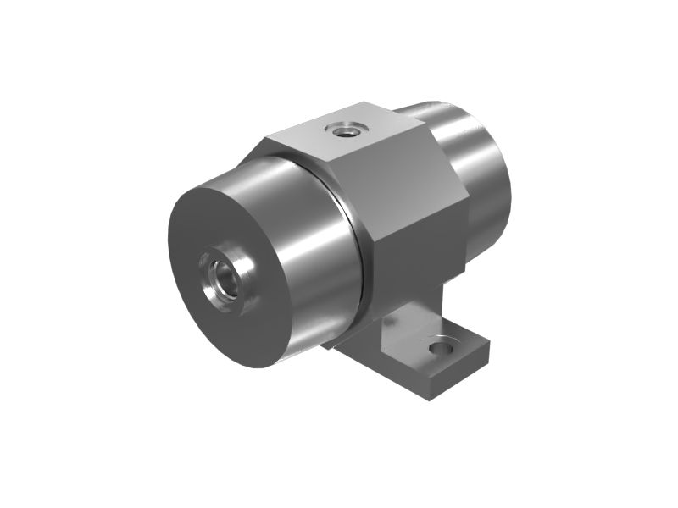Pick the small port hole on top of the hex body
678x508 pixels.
pyautogui.click(x=347, y=130)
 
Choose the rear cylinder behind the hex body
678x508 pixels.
pyautogui.click(x=483, y=178)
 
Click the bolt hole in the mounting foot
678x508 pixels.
pyautogui.click(x=441, y=347)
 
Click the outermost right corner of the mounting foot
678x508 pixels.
pyautogui.click(x=490, y=343)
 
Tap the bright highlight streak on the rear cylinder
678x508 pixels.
pyautogui.click(x=458, y=127)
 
